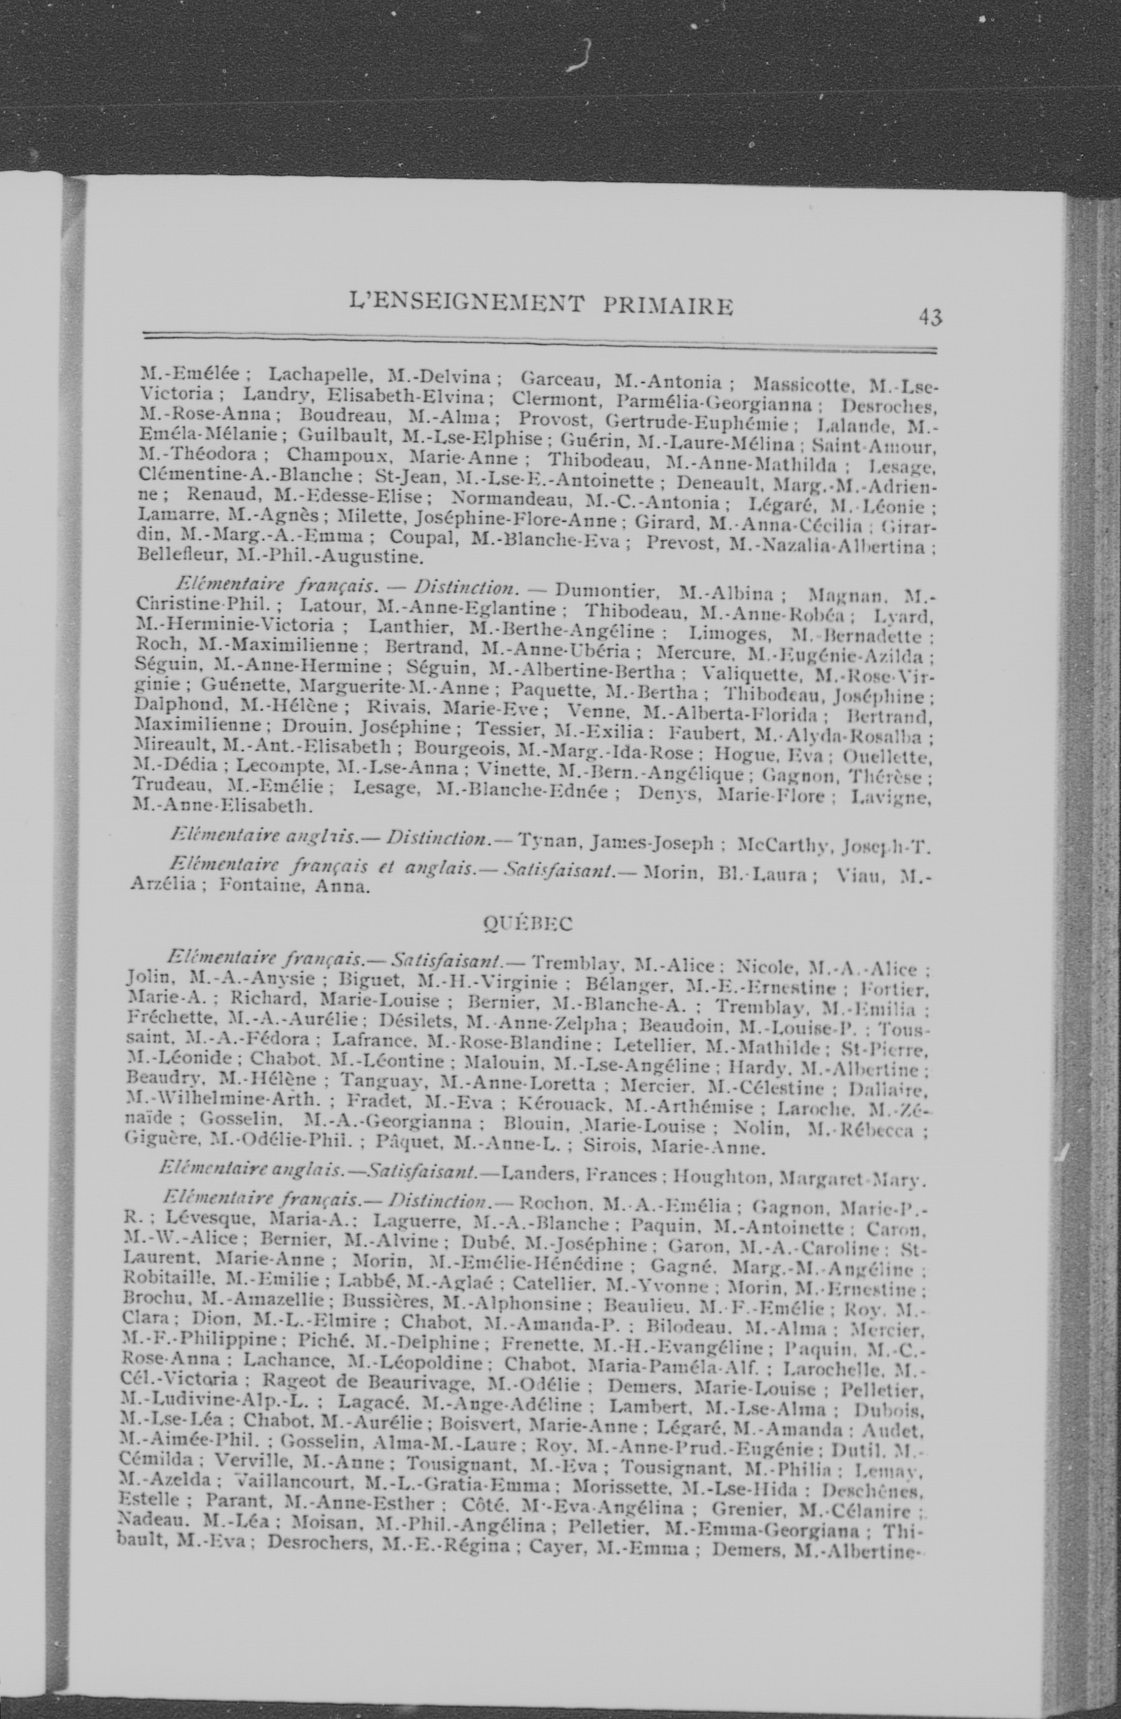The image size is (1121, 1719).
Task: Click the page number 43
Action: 930,316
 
